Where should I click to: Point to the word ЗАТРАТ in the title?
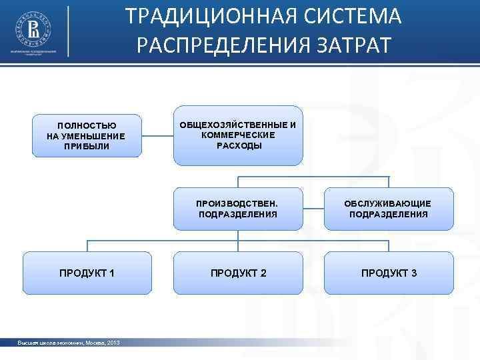click(353, 45)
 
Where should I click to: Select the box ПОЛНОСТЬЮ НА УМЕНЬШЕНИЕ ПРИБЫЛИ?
click(87, 136)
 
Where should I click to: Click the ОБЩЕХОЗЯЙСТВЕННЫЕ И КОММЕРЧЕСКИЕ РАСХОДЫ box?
click(238, 135)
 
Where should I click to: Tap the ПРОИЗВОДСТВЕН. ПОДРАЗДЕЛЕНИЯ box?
click(238, 209)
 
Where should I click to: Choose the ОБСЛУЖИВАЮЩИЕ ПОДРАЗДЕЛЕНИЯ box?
click(388, 209)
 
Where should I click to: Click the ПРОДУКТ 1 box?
click(87, 273)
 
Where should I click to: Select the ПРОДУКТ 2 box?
click(238, 273)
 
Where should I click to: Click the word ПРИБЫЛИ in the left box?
click(87, 146)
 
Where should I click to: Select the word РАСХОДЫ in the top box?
click(239, 145)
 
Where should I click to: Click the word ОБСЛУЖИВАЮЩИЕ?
click(388, 203)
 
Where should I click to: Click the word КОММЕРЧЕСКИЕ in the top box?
click(239, 135)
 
